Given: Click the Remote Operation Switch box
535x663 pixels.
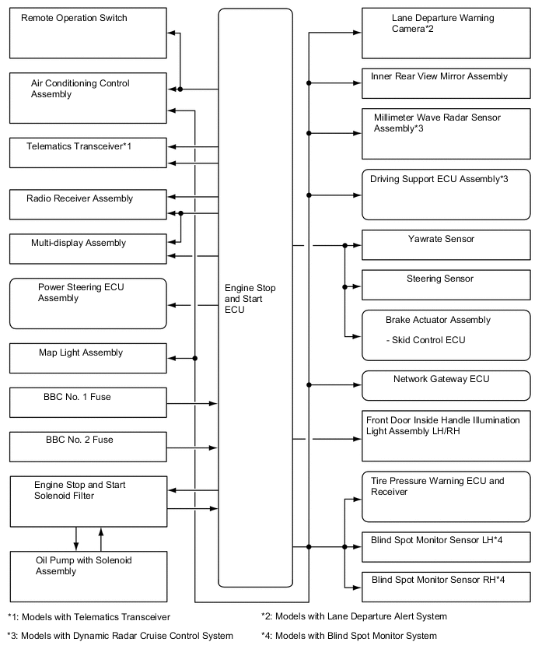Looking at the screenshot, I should coord(88,33).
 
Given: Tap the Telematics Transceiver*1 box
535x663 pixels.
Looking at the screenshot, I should coord(88,152).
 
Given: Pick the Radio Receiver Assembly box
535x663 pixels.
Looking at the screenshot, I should coord(88,203).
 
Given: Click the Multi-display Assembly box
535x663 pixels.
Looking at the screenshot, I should coord(88,247).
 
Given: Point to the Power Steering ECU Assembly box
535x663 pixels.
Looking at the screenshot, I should coord(88,303).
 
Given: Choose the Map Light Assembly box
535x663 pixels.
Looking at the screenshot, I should coord(88,358).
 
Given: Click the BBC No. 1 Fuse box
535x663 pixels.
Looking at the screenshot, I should coord(88,403).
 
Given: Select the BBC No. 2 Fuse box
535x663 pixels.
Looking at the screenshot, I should coord(88,447).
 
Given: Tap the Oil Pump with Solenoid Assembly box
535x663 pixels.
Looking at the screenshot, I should coord(88,574).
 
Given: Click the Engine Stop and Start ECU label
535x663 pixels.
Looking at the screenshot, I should coord(245,299).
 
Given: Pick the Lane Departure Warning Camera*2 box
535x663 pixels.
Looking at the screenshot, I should coord(446,33).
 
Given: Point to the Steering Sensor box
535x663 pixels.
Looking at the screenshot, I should coord(446,285).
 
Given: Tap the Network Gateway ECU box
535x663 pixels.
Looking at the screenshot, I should coord(446,384).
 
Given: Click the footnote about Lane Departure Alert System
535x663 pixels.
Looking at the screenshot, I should coord(354,616).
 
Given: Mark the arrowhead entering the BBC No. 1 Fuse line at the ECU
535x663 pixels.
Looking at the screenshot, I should coord(213,403).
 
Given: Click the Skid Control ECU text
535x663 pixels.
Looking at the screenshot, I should coord(425,340).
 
